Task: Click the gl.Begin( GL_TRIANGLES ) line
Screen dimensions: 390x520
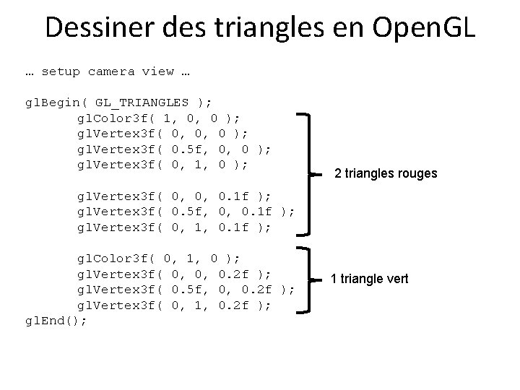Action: [119, 103]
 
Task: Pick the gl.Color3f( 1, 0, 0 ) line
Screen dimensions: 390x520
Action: [159, 118]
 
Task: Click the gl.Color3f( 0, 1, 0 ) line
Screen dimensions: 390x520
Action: [159, 258]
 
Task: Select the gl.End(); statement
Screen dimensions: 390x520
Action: [56, 321]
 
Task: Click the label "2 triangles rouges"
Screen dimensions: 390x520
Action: [386, 174]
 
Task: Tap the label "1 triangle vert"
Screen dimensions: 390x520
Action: [370, 278]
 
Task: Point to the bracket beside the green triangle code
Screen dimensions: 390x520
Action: [307, 279]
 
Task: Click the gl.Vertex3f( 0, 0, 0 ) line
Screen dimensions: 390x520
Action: [163, 134]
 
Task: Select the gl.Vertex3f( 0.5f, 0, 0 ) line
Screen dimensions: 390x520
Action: [174, 149]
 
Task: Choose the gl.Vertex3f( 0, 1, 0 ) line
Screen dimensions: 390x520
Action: [163, 165]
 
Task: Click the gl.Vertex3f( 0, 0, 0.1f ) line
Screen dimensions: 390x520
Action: [174, 196]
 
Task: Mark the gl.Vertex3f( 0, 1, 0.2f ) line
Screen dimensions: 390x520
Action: [174, 305]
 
